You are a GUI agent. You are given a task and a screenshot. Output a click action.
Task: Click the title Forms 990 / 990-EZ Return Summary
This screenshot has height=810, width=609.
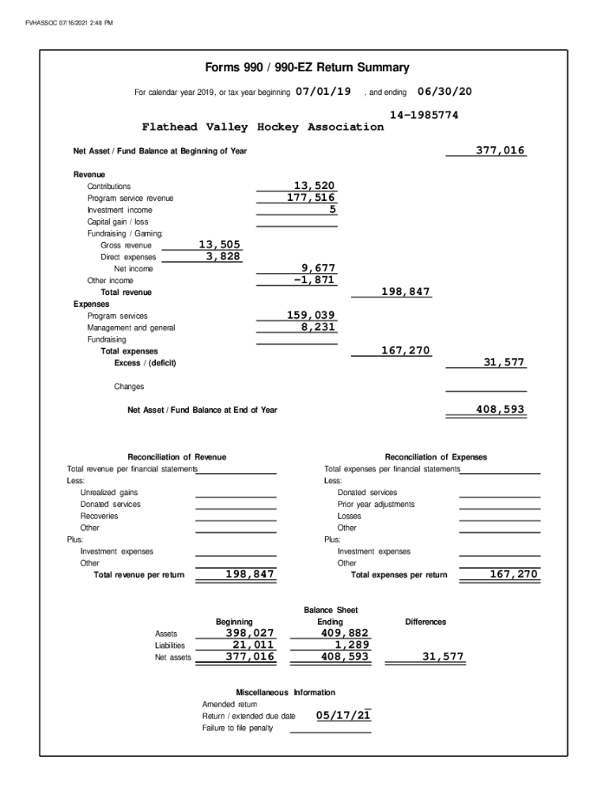[306, 68]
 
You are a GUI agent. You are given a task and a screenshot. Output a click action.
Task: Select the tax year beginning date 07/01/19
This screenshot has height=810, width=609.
[323, 92]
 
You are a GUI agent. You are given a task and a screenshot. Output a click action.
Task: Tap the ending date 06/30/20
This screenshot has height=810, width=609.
[444, 92]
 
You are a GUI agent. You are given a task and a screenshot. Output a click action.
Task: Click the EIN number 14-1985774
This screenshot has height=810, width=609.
[424, 115]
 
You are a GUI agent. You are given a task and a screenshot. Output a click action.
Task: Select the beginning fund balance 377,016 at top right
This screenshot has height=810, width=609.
[500, 150]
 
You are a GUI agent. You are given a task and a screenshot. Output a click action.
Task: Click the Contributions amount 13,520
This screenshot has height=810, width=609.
[314, 186]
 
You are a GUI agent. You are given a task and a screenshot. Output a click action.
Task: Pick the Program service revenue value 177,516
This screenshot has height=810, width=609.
[311, 198]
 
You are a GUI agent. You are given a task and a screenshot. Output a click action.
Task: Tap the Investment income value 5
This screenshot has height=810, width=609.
[333, 210]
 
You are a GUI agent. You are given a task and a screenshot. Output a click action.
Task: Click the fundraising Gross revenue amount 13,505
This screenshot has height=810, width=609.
[219, 245]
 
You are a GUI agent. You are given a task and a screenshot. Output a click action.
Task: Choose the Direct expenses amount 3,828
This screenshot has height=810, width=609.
[223, 256]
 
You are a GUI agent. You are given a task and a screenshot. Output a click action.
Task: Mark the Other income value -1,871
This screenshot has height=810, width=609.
[314, 280]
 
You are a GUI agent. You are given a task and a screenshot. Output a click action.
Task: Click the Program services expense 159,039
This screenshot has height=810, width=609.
[311, 316]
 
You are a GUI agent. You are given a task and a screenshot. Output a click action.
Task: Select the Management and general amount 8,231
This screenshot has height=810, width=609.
[318, 327]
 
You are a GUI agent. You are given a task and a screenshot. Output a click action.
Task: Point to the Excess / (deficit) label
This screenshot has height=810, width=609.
[145, 363]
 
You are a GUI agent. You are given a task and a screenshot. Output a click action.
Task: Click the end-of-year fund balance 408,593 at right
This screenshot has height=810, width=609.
[500, 410]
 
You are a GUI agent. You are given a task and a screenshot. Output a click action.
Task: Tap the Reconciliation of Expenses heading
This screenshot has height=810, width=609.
[436, 457]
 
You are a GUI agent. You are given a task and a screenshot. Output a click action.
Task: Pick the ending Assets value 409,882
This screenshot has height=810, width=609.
[345, 633]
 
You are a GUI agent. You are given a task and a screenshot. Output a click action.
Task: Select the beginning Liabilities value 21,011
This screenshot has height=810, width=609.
[248, 645]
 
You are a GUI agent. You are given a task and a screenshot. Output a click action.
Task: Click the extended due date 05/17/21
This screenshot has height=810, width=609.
[343, 716]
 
